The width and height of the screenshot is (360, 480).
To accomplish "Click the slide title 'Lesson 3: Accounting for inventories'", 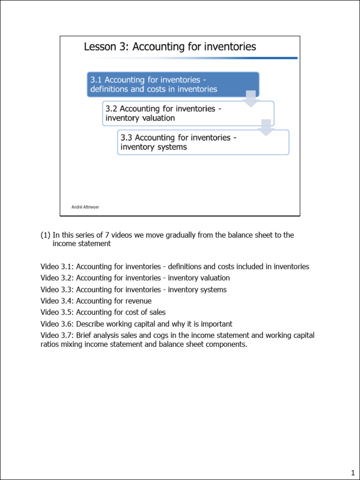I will [x=170, y=46].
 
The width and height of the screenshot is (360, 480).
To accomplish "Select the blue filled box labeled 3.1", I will [x=173, y=84].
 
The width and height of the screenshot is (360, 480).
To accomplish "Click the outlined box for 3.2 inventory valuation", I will [x=187, y=113].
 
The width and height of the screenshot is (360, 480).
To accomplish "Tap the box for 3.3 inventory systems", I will [x=202, y=142].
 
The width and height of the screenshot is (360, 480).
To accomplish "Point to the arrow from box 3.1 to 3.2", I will [x=251, y=99].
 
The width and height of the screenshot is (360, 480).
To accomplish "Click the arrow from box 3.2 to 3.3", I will [x=266, y=127].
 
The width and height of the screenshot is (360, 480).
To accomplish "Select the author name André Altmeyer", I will [x=85, y=207].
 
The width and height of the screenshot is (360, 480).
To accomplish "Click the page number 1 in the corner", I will [x=352, y=472].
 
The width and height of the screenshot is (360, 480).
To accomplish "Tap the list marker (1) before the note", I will [x=45, y=235].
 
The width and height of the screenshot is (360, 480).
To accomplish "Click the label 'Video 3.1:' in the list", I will [x=57, y=267].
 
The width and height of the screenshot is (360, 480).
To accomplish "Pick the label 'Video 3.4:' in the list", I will [x=57, y=301].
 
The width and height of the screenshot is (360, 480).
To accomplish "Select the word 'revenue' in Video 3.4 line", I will [x=138, y=301].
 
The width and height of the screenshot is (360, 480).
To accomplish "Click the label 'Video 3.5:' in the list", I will [x=57, y=312].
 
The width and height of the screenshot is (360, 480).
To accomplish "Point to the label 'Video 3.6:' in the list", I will [x=57, y=324].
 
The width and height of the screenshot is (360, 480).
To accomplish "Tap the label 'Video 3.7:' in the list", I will [x=57, y=335].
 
